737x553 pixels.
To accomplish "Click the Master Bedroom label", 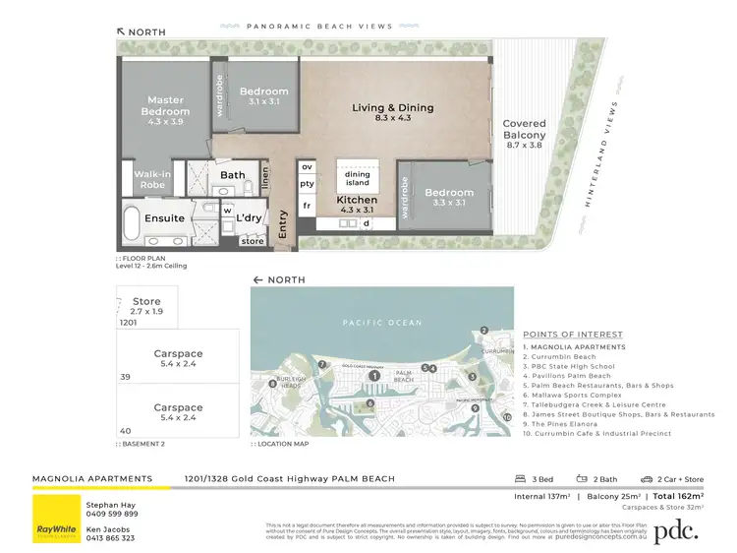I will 166,105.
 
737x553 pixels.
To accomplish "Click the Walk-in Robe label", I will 153,179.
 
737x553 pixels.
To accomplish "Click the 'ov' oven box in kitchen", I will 307,167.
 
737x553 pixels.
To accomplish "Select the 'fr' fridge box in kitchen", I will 307,206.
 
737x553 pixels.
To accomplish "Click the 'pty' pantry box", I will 307,184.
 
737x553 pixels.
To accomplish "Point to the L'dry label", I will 249,217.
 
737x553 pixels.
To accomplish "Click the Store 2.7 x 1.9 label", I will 146,306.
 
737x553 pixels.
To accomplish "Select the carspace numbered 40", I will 178,412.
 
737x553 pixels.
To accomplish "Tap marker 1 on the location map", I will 373,375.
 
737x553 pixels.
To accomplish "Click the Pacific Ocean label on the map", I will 382,323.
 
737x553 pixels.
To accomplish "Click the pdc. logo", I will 676,530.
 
